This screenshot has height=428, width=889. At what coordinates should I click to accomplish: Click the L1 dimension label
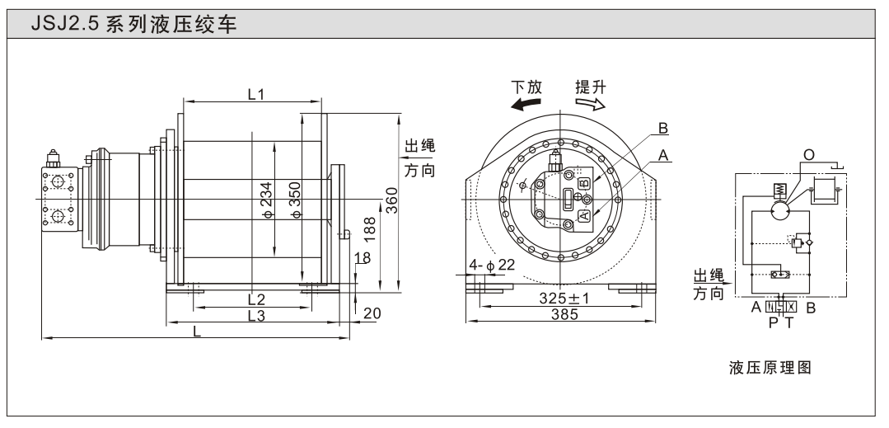(x=256, y=94)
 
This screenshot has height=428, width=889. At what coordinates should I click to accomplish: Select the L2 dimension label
(x=256, y=299)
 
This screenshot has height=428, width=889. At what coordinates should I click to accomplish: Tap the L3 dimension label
(x=256, y=316)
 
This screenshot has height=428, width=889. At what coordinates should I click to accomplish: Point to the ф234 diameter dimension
(x=267, y=200)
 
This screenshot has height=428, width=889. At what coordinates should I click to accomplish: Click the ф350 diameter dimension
(x=295, y=200)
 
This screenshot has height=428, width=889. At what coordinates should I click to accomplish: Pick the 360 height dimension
(x=392, y=200)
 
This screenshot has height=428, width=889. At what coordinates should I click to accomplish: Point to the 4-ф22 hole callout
(x=491, y=265)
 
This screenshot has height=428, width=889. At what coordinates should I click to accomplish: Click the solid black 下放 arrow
(x=525, y=103)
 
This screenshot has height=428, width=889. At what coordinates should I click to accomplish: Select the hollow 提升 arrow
(x=591, y=103)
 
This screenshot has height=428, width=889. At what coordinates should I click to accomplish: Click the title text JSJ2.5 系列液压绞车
(x=133, y=25)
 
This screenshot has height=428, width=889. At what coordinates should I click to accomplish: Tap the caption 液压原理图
(x=770, y=367)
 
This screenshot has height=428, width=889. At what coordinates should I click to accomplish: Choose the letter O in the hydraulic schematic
(x=808, y=155)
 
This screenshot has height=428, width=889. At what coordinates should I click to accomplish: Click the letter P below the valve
(x=774, y=322)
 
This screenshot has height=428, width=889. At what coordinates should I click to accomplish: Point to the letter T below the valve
(x=788, y=322)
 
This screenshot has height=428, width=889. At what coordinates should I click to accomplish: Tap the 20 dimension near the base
(x=372, y=313)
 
